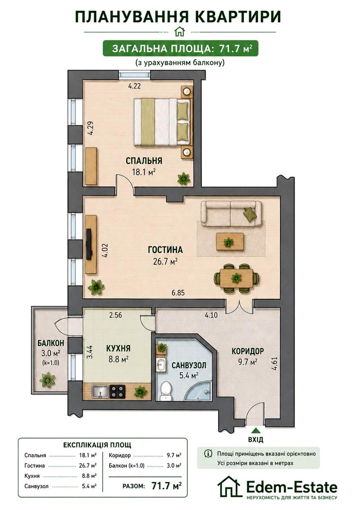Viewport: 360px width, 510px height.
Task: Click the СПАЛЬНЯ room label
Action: coord(144,161)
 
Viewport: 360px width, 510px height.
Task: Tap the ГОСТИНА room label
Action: coord(165,249)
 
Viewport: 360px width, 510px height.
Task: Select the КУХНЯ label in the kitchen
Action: coord(119,348)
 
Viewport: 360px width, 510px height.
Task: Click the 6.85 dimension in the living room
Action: coord(178,292)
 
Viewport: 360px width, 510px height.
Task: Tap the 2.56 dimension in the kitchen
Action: coord(116,315)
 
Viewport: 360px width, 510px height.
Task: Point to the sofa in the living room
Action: coord(231,213)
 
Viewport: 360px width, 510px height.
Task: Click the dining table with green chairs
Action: coord(236,278)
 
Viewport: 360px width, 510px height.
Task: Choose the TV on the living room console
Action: coord(89,244)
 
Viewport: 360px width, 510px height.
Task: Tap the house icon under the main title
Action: coord(180,31)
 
